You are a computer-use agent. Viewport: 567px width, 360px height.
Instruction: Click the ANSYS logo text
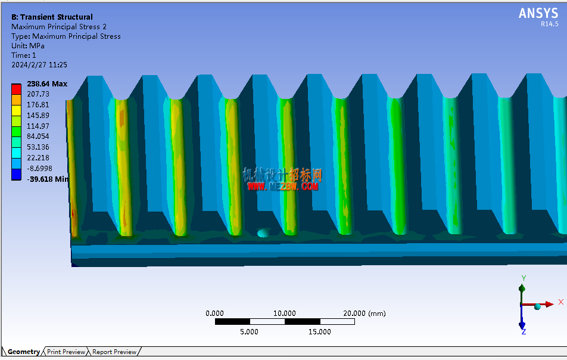click(538, 13)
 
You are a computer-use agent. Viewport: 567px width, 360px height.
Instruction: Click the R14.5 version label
click(549, 24)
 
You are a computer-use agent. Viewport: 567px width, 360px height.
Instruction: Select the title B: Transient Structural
click(52, 17)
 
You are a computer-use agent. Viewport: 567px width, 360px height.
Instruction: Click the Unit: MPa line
click(28, 46)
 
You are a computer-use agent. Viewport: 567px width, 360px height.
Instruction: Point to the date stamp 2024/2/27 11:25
click(39, 65)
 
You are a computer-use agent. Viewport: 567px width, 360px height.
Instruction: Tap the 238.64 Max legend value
click(47, 84)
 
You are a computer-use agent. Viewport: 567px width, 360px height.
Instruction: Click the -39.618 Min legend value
click(48, 179)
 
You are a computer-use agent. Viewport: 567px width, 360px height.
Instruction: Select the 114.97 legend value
click(38, 126)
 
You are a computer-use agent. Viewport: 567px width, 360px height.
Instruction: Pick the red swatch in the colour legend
click(16, 89)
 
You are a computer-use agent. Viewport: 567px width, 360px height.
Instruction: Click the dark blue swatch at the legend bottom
click(16, 175)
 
